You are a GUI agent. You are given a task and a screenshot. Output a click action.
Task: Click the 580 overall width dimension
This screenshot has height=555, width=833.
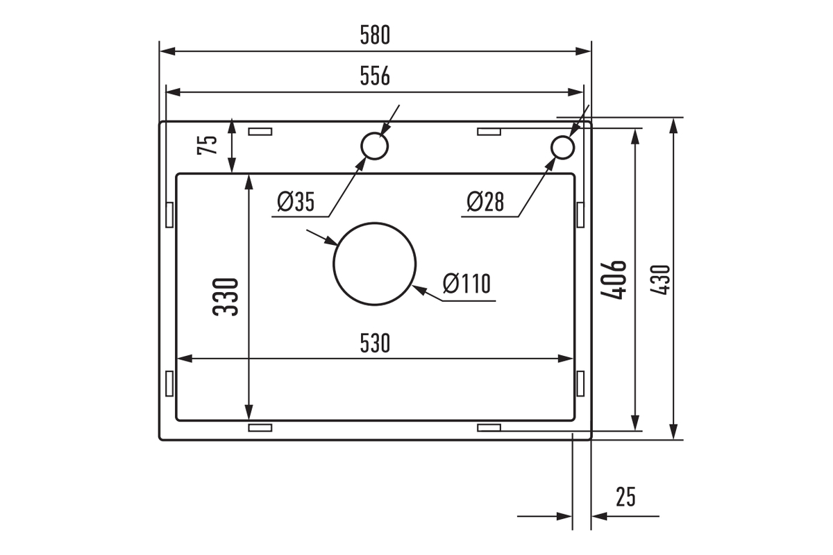point(375,35)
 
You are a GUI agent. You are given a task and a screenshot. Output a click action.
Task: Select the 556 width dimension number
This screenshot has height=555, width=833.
point(375,76)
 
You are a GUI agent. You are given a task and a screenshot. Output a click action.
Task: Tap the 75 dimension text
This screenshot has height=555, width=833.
point(208,144)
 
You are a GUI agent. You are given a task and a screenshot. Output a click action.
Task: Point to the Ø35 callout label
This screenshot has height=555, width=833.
point(296,201)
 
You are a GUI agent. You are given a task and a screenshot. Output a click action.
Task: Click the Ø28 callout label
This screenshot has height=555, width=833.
point(485,201)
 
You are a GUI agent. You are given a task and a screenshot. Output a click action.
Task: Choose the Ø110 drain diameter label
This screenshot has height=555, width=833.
point(466,283)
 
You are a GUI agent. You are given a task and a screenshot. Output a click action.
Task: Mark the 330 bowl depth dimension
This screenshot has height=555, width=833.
point(226,297)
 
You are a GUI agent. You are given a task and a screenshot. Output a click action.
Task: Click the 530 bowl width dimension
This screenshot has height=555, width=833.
point(375,343)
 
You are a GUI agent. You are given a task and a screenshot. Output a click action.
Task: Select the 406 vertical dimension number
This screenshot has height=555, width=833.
point(614,280)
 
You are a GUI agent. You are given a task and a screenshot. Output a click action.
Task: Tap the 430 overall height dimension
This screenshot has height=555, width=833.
point(660,280)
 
